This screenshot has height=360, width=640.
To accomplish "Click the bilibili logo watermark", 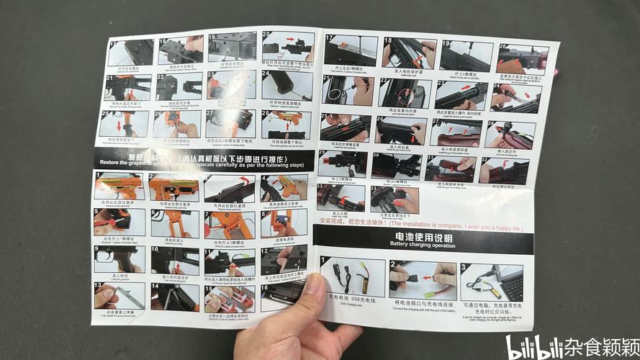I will pyautogui.click(x=531, y=348).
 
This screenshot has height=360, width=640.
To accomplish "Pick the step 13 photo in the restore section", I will pyautogui.click(x=120, y=296).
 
